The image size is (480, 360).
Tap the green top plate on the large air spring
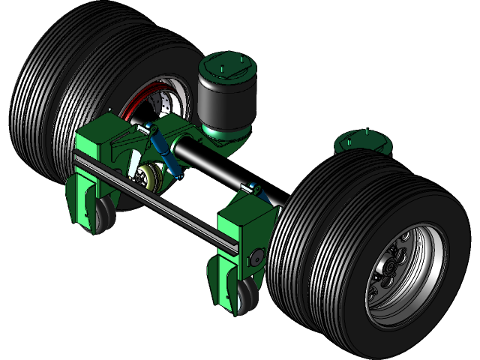226,64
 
